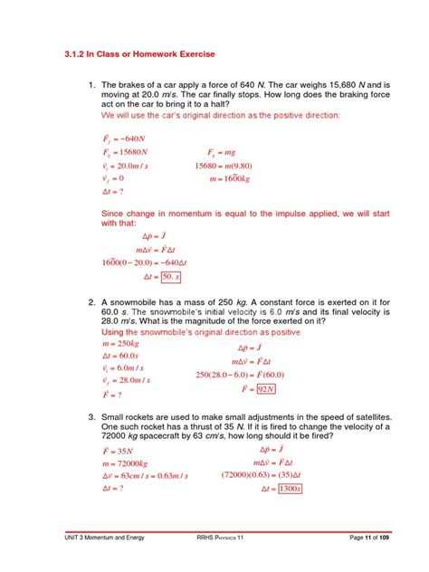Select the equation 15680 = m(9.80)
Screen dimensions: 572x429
pos(228,167)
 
